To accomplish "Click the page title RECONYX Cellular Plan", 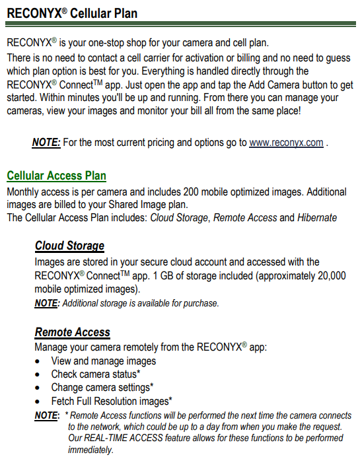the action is point(73,13).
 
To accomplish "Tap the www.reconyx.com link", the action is point(286,143).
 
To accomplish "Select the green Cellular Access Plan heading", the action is point(56,176).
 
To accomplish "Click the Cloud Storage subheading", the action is point(69,246).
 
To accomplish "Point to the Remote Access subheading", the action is point(72,332).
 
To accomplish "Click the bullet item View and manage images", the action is point(104,361).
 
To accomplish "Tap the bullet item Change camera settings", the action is point(102,387).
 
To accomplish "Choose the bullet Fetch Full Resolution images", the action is point(112,401).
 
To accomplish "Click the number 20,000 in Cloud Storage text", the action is point(328,277).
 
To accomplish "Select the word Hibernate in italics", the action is point(317,217).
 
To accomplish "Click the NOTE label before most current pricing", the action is point(46,143).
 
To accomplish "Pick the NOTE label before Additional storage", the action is point(46,303).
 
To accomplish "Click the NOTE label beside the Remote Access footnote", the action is point(46,415).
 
